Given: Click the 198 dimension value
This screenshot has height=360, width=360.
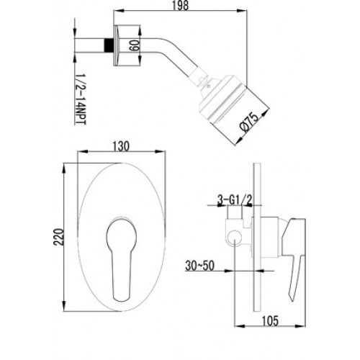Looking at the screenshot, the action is click(x=181, y=5).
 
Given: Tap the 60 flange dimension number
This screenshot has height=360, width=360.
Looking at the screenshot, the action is click(x=133, y=45).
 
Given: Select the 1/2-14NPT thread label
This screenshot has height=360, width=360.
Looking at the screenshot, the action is click(x=81, y=99).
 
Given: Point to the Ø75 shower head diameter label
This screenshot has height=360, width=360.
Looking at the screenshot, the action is click(x=250, y=122).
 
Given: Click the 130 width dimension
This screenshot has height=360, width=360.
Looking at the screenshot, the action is click(x=121, y=146).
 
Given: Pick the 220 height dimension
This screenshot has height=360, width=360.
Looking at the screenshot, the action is click(x=58, y=237).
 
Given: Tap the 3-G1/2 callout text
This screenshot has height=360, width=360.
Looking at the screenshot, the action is click(x=235, y=200).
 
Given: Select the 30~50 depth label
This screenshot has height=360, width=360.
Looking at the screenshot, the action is click(x=199, y=266).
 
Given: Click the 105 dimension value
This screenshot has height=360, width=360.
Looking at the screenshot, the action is click(x=270, y=320).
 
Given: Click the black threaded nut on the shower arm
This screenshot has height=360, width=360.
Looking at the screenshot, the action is click(x=108, y=45).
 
